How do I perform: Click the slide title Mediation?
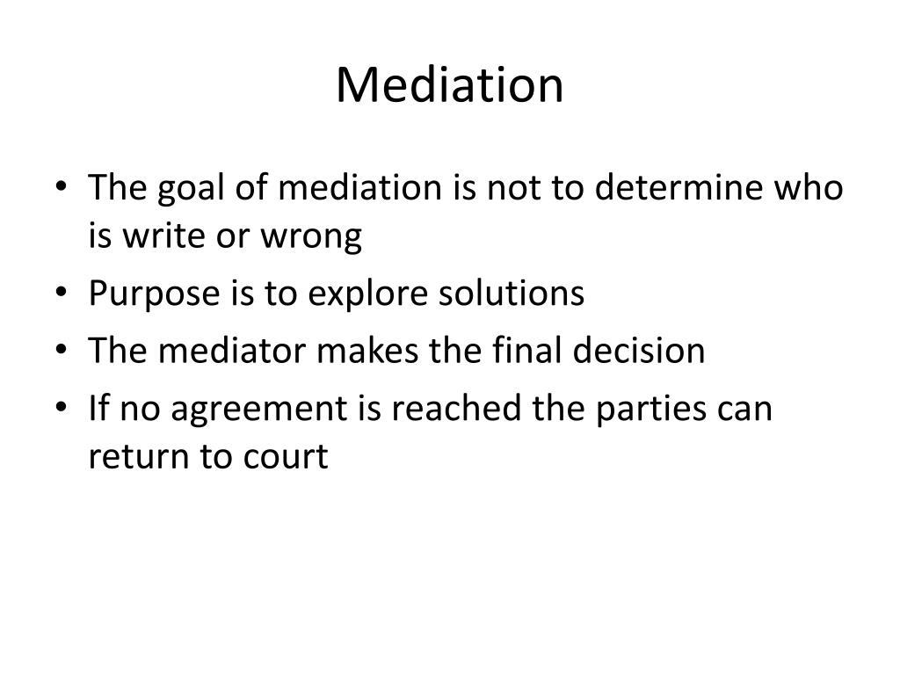[449, 85]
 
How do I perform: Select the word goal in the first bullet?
[184, 189]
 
